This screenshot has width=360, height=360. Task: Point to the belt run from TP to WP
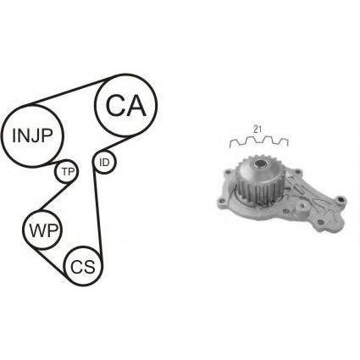point(54,197)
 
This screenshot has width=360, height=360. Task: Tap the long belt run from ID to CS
point(98,214)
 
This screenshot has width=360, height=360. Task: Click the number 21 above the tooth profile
point(257,130)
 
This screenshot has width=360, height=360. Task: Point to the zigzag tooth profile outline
point(259,141)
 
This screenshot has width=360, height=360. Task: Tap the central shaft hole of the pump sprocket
point(259,163)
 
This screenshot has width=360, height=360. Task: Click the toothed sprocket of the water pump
point(259,180)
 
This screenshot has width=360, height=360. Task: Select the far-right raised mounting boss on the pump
point(341,201)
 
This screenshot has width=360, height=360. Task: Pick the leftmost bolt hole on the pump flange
point(222,202)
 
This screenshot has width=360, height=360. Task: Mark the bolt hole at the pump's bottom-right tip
point(320,223)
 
